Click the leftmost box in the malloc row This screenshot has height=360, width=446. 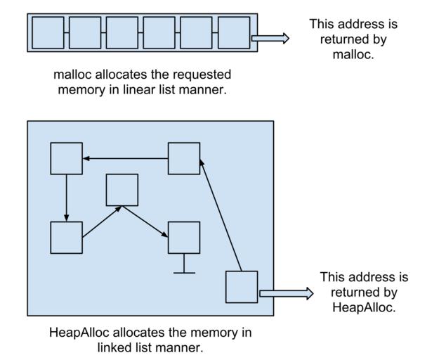coord(48,32)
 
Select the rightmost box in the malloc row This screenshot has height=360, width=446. coord(234,32)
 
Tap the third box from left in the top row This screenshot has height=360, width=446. coord(122,32)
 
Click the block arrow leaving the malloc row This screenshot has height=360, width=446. coord(270,39)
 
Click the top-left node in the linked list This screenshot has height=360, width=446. coord(67,158)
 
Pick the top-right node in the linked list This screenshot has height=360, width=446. coord(184,158)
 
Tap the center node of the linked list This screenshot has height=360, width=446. coord(122,190)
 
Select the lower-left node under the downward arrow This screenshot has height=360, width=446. coord(67,238)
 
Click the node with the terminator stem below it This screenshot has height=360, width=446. coord(184,238)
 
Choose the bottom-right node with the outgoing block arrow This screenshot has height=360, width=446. coord(242,287)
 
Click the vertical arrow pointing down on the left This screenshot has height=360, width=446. coord(67,198)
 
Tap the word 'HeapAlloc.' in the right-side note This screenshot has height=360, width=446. coord(363,307)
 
